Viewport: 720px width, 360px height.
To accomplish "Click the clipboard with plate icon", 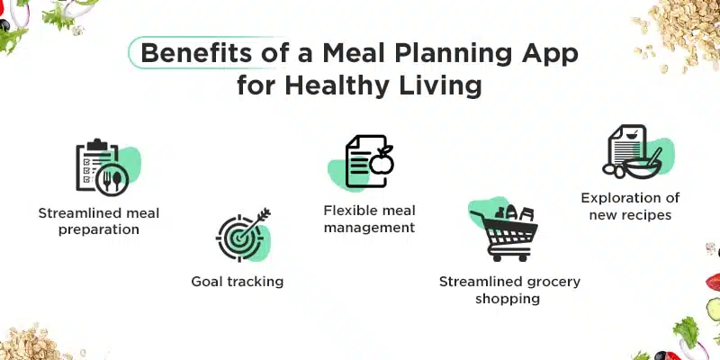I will click(101, 168).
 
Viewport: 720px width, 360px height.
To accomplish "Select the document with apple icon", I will click(369, 162).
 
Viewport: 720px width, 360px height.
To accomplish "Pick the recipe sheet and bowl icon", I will click(633, 153).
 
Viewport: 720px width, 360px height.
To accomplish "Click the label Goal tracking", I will click(238, 282).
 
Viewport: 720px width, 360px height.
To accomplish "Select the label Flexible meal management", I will click(369, 219).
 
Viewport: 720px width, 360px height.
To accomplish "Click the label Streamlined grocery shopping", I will click(509, 290).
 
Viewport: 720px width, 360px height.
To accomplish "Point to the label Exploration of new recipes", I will click(630, 206).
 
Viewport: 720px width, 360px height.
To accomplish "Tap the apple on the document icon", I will click(382, 162).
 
